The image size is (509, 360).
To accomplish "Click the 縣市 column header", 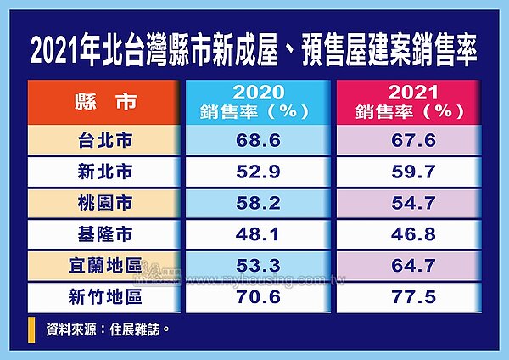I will pyautogui.click(x=103, y=103).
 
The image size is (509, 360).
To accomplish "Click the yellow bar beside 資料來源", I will pyautogui.click(x=32, y=329).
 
